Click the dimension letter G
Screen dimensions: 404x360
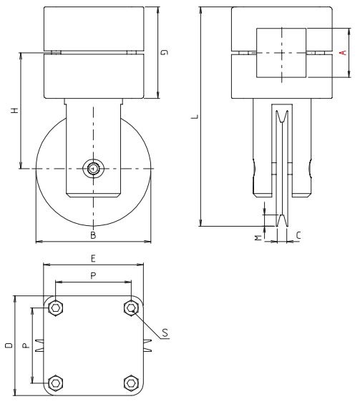[165, 52]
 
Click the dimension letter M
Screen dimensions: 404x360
[258, 235]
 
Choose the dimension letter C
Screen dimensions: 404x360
[298, 235]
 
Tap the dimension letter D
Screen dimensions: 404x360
[7, 345]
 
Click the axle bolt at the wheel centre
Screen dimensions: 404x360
[93, 169]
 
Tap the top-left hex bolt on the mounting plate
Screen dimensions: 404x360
[55, 307]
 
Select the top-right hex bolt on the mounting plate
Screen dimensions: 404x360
[130, 307]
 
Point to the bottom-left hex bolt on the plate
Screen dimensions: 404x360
[55, 382]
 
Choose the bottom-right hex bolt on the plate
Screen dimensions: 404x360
[130, 382]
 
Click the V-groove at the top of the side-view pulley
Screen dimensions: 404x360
[281, 114]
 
